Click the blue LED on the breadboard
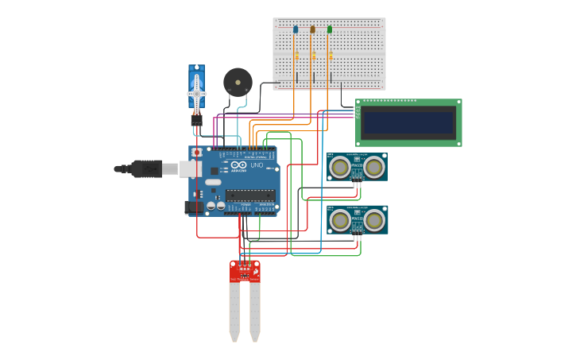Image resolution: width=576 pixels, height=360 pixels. coord(296,29)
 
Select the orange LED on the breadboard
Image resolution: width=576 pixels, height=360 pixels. coord(312,29)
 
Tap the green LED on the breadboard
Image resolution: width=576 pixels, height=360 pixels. coord(330,29)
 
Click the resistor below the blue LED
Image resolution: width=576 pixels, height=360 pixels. coord(296,56)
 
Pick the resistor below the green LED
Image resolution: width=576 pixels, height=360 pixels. coord(331,56)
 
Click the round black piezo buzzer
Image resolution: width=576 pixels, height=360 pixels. coord(237,81)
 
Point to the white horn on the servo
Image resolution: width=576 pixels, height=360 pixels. coord(196,95)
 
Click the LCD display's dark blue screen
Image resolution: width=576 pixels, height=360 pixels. coord(408,123)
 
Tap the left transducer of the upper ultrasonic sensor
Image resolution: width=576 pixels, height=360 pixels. coord(340,167)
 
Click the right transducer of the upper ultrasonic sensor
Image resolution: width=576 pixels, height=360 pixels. coord(373,167)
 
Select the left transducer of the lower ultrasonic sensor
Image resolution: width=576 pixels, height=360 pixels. coord(340,219)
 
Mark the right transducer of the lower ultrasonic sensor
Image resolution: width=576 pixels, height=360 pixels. coord(373,219)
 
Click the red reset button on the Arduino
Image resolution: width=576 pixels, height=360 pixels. coord(196,152)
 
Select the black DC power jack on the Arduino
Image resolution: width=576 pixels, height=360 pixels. coord(193,207)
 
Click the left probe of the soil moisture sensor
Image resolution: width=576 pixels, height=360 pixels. coord(234,310)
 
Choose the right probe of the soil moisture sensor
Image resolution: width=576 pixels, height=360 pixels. coord(255,310)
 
